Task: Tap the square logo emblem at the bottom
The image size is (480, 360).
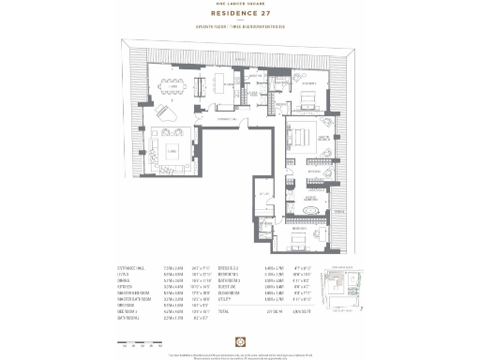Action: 239,335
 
